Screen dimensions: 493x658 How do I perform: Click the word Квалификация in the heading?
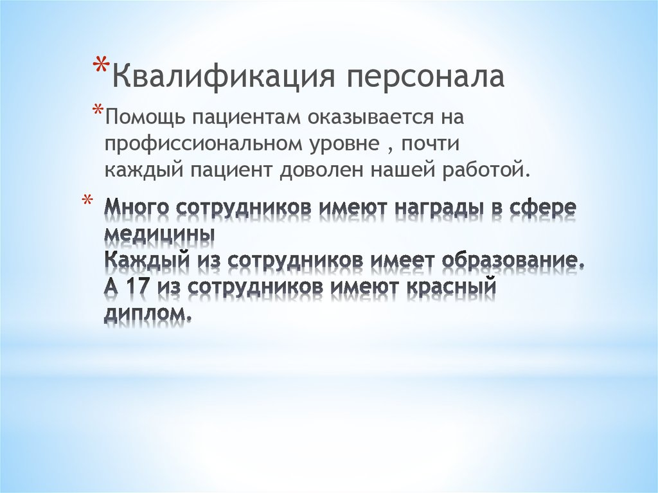pos(222,76)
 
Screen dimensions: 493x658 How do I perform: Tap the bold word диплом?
pos(147,314)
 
